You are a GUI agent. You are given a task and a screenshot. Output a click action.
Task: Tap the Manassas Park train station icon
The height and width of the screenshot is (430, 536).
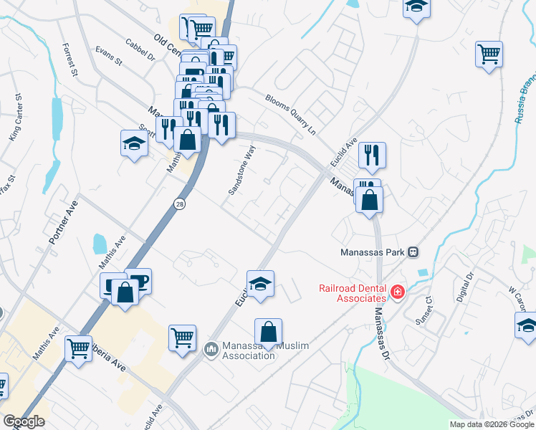pos(413,252)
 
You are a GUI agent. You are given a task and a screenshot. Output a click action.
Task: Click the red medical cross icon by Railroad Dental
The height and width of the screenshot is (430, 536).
pos(397,292)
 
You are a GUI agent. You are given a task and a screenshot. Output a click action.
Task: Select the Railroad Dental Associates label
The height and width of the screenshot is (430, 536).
pos(353,293)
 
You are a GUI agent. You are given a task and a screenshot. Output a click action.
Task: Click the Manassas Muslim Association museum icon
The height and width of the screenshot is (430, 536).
pos(211,349)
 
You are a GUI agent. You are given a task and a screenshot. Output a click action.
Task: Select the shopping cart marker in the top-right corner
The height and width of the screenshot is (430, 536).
pos(489,54)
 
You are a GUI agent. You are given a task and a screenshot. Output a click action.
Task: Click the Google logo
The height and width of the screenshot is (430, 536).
pos(24,421)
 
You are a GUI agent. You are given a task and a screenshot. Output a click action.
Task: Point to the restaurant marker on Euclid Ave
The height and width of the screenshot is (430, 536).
pos(372,155)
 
